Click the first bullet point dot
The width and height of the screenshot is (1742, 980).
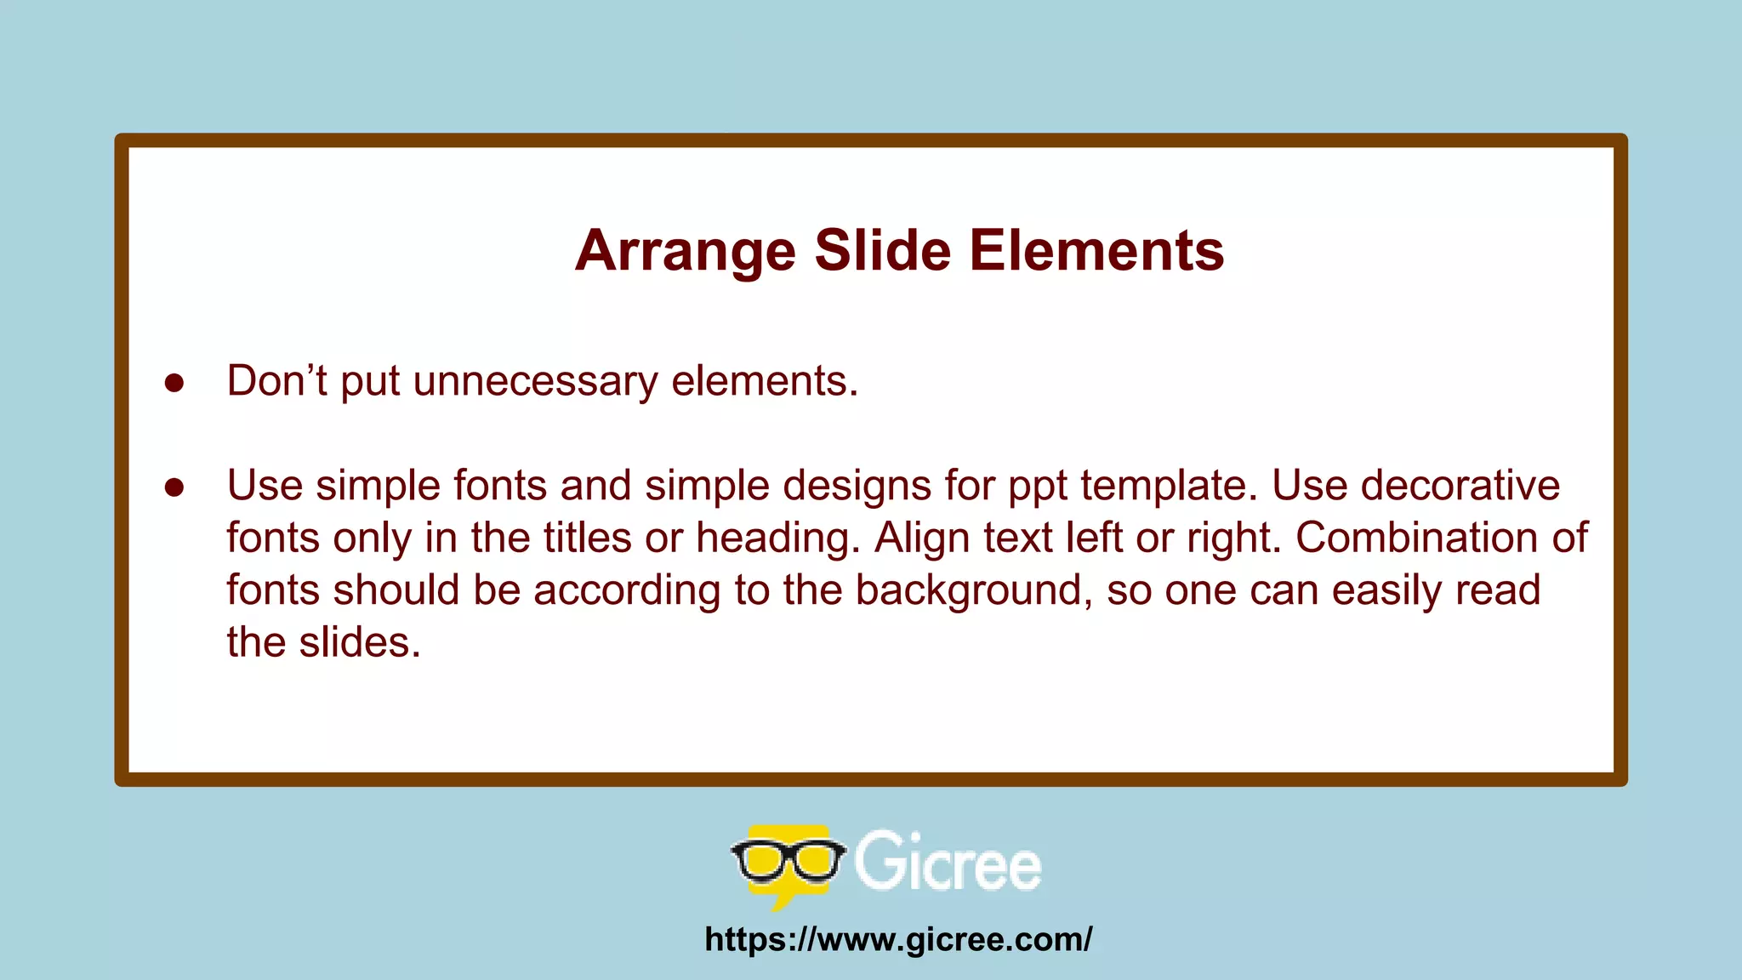(x=174, y=383)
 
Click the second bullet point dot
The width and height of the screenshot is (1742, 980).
(x=174, y=487)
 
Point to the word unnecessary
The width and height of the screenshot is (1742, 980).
(x=535, y=381)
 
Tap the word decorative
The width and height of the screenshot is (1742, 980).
(x=1460, y=486)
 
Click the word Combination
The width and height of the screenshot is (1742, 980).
(x=1415, y=538)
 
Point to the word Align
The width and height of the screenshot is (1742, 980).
(x=922, y=538)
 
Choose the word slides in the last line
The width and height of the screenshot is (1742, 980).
(x=360, y=642)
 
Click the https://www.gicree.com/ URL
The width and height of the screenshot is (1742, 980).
(x=898, y=939)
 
